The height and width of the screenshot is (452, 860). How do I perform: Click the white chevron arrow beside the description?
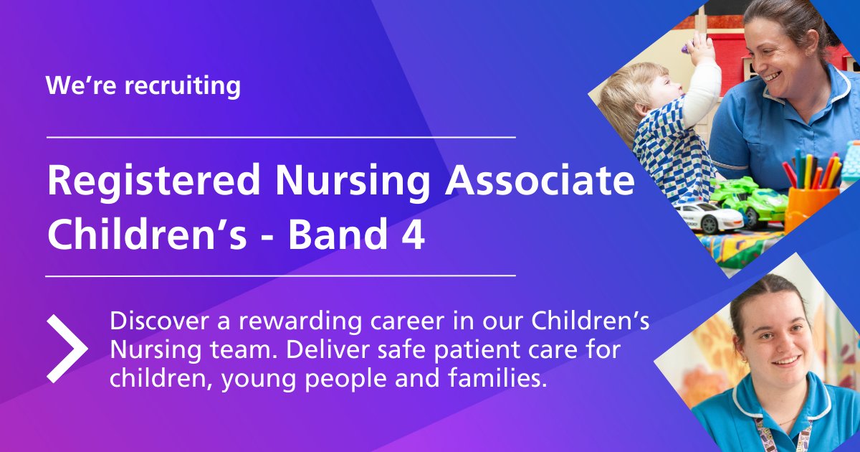[x=67, y=348]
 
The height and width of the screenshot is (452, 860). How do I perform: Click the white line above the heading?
[x=281, y=136]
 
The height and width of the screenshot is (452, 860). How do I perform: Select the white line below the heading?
[x=281, y=275]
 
